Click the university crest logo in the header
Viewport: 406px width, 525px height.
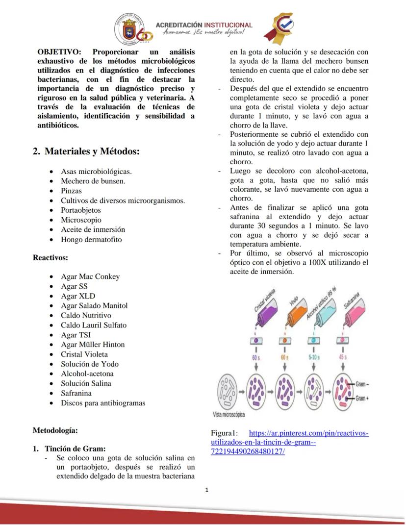128,27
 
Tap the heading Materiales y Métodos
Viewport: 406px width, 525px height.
86,151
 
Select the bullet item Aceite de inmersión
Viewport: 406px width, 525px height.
93,229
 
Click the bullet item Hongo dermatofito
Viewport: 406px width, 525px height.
91,239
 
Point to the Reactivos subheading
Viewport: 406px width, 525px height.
50,257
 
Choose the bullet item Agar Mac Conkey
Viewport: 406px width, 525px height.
90,276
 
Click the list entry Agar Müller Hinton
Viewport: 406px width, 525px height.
93,345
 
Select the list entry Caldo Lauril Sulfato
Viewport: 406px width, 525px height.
94,325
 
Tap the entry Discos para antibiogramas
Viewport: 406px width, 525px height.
103,403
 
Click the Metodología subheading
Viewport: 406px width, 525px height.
55,430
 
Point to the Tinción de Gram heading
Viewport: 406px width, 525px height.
75,448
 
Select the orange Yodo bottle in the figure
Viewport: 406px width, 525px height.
293,314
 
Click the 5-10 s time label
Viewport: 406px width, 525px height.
314,357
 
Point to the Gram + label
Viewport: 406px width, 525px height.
362,398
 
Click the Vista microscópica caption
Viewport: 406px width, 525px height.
228,414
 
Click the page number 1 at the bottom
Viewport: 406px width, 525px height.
207,489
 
